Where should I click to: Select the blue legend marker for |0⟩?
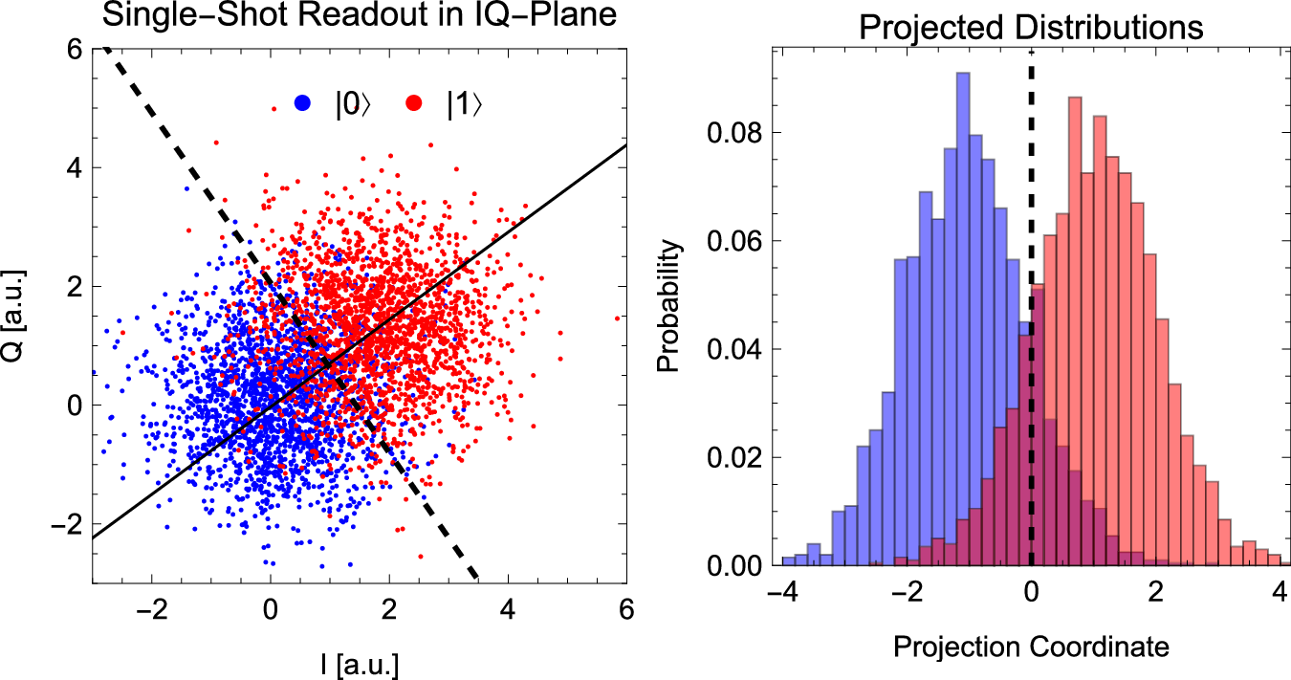tap(303, 103)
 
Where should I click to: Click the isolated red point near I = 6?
tap(617, 318)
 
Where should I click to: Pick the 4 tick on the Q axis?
tap(73, 167)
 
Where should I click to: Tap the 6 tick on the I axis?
tap(625, 608)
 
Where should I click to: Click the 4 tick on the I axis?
tap(507, 608)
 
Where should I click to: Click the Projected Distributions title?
tap(1032, 26)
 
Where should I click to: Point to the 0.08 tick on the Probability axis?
tap(731, 132)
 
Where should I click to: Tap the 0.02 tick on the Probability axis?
tap(731, 457)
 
